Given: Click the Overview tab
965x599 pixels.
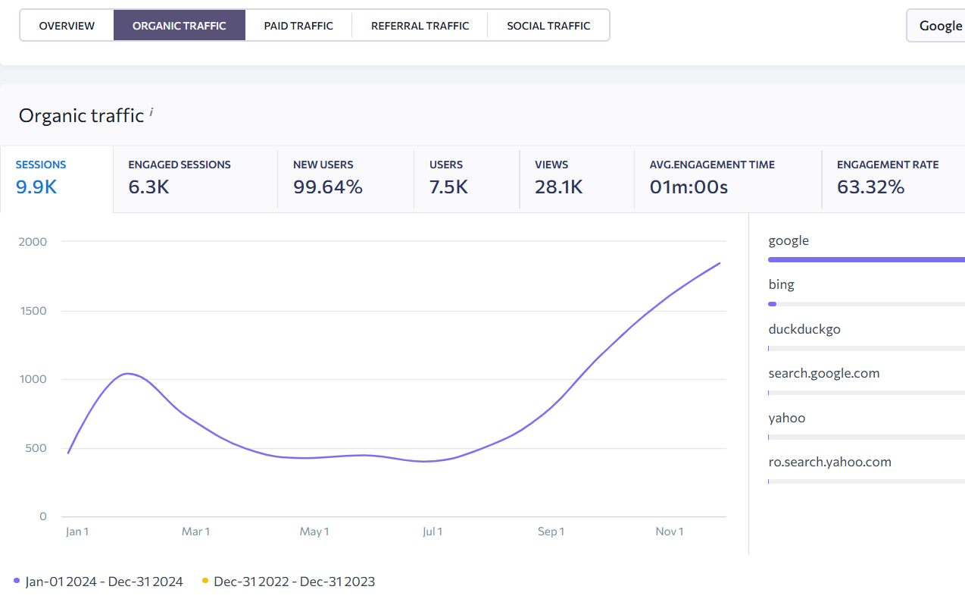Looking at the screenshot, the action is [x=67, y=26].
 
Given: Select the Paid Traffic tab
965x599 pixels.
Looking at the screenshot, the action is [x=298, y=26].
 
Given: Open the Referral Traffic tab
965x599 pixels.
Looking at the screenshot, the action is [x=420, y=26].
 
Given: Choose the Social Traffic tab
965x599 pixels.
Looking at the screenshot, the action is [x=548, y=26].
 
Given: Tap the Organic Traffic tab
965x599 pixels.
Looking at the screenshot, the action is [x=180, y=26].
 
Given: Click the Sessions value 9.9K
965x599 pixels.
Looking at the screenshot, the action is [x=36, y=187].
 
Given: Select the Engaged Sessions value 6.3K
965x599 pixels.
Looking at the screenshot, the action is [x=148, y=187].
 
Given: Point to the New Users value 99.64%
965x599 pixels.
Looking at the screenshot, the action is [x=328, y=187].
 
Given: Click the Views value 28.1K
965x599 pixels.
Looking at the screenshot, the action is [x=559, y=187].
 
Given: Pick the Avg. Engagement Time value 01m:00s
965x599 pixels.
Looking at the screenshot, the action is [x=689, y=187].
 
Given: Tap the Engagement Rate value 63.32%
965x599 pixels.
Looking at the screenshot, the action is [x=870, y=187].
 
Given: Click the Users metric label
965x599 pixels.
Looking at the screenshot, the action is [x=446, y=165].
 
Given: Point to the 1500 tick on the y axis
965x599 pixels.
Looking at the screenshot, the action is [x=33, y=311].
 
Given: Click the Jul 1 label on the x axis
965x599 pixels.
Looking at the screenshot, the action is [x=433, y=532].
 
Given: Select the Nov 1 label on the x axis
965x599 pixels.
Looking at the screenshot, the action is [x=670, y=532].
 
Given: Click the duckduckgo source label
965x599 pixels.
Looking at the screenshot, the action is [x=804, y=330].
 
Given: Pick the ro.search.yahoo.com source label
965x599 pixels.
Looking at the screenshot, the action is [x=829, y=462].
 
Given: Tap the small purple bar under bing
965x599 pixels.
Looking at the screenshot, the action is [x=772, y=304].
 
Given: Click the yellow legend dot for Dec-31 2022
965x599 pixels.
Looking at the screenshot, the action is [x=205, y=581].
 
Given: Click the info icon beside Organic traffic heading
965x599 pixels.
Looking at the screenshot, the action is [x=151, y=112].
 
